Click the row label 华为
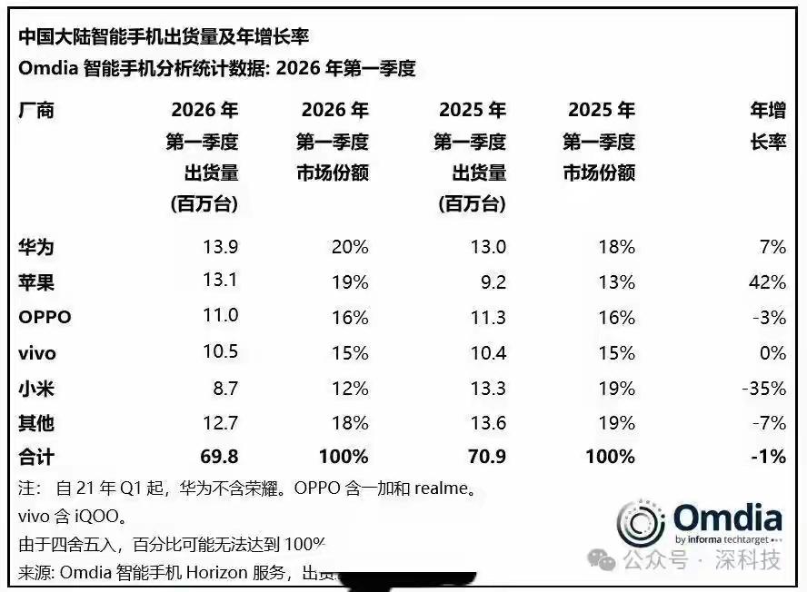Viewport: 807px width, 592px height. [x=35, y=247]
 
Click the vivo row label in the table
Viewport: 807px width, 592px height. [x=38, y=353]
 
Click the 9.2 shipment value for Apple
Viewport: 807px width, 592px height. [x=493, y=282]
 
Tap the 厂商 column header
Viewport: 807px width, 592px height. [x=35, y=111]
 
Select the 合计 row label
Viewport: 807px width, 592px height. [x=35, y=457]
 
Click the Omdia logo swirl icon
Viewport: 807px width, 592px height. [x=642, y=524]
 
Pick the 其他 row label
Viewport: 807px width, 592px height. [x=35, y=423]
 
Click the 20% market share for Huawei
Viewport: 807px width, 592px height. [x=351, y=247]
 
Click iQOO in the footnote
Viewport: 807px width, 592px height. [x=96, y=517]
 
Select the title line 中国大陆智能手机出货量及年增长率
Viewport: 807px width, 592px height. [x=164, y=36]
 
